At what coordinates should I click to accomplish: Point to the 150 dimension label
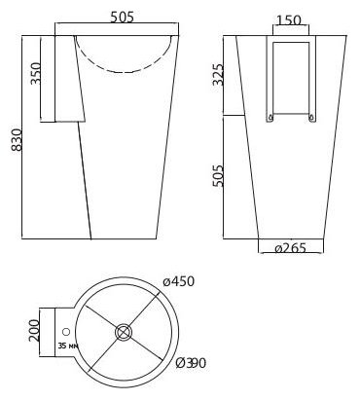(288, 19)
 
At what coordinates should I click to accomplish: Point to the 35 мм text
(67, 346)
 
